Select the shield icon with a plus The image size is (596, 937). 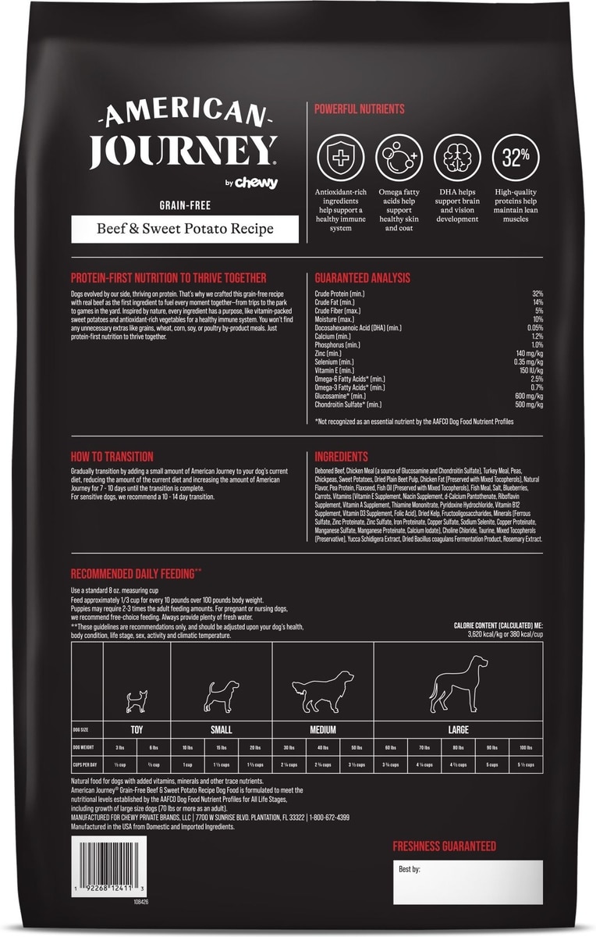pos(340,156)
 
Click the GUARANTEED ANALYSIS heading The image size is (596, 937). pos(362,278)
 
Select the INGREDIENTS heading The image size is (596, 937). pos(342,456)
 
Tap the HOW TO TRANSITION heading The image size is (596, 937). pos(112,456)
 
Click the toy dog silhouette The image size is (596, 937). pos(137,700)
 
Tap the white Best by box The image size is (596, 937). pos(467,882)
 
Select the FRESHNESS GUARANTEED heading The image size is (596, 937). pos(444,846)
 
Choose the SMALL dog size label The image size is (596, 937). pos(221,730)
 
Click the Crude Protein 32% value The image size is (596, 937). pos(537,294)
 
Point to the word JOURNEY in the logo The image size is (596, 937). pos(183,151)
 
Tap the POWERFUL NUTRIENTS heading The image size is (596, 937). pos(359,109)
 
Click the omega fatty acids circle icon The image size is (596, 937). pos(399,156)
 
